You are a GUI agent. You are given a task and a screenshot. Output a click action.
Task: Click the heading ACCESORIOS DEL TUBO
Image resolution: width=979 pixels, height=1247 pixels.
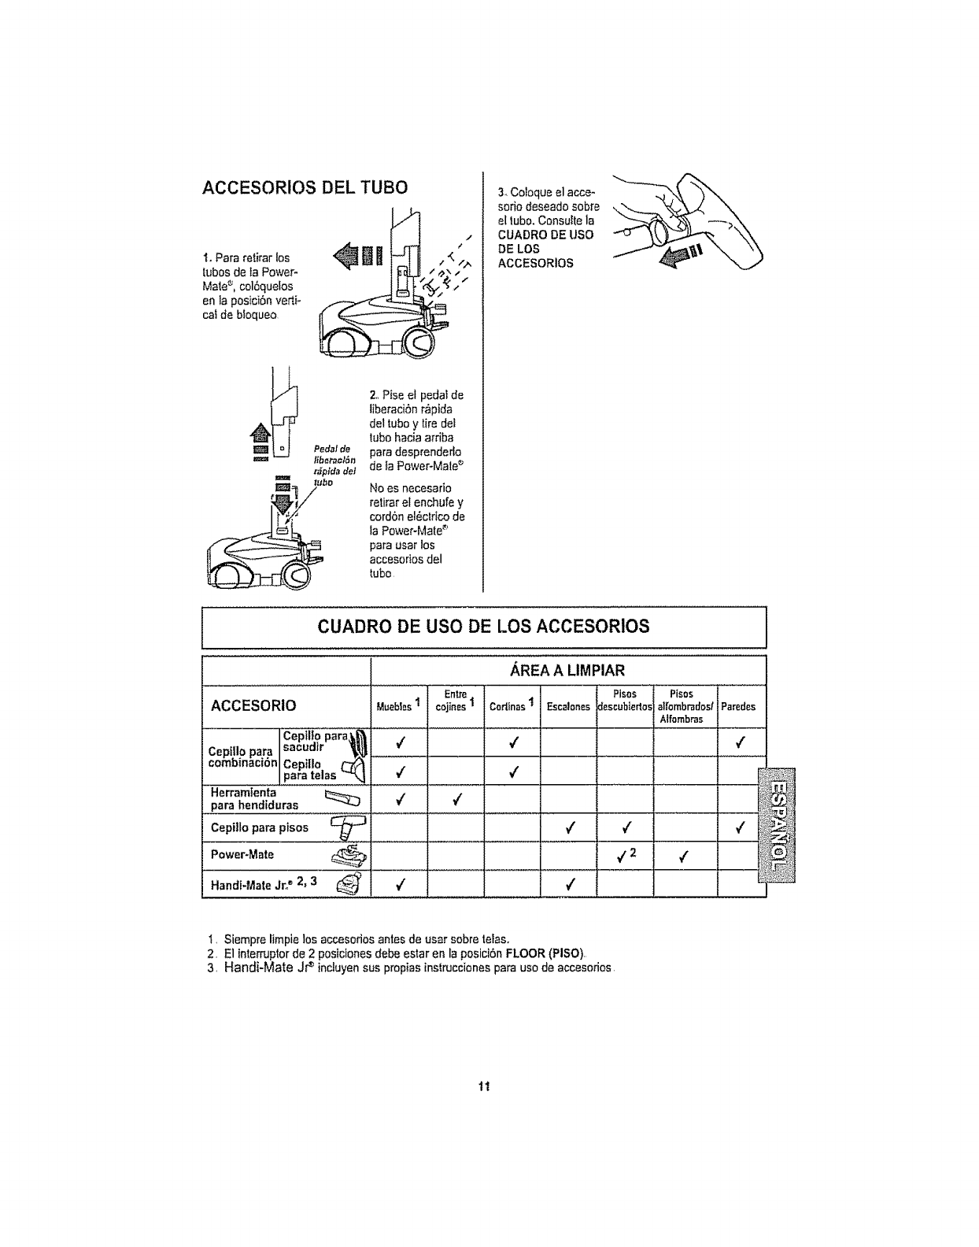(x=305, y=187)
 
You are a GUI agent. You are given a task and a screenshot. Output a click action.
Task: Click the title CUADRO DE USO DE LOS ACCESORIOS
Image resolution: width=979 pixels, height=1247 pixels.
(x=484, y=627)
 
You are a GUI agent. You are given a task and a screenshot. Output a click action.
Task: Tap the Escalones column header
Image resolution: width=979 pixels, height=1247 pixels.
(x=568, y=707)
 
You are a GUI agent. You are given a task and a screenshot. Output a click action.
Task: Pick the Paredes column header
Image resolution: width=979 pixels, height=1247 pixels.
(x=738, y=707)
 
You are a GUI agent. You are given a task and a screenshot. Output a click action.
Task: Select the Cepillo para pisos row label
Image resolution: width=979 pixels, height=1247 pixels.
(x=260, y=827)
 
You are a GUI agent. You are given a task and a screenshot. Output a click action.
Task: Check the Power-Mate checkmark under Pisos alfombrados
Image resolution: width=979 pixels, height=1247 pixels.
(x=682, y=856)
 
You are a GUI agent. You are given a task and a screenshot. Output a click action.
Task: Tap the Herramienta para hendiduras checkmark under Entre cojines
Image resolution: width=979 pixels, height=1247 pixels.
(x=456, y=800)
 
